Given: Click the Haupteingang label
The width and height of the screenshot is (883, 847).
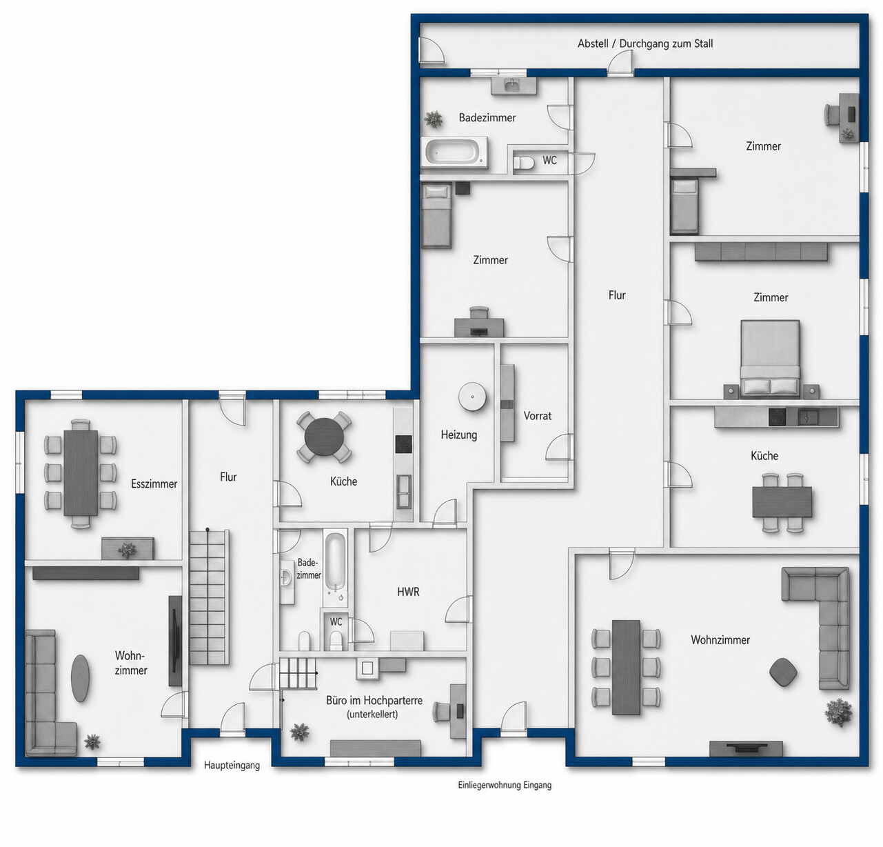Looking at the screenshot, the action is click(x=232, y=766).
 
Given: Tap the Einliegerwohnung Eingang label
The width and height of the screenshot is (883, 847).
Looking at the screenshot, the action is click(x=505, y=785).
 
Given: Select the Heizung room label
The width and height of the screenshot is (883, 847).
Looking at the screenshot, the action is click(x=459, y=435).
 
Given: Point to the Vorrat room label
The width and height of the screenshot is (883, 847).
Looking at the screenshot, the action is click(x=537, y=415).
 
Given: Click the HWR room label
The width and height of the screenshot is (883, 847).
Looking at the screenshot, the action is click(x=408, y=592).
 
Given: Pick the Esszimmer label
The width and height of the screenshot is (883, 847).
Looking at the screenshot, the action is click(x=154, y=484).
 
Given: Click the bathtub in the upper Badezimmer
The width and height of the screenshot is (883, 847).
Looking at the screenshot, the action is click(x=455, y=152).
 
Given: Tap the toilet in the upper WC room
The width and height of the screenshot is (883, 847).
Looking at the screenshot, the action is click(x=524, y=163).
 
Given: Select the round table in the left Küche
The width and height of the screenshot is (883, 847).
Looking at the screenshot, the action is click(x=324, y=437).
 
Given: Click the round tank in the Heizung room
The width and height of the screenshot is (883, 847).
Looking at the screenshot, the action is click(x=472, y=397).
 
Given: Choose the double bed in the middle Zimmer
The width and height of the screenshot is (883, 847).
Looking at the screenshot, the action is click(x=771, y=359).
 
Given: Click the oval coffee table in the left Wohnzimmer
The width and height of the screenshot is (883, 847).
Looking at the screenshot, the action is click(x=81, y=679).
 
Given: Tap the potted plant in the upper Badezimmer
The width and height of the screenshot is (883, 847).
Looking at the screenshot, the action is click(x=434, y=119).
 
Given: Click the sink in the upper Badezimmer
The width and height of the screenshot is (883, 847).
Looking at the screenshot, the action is click(x=514, y=86).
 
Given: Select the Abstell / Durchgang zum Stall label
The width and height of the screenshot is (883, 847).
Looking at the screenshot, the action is click(x=645, y=43).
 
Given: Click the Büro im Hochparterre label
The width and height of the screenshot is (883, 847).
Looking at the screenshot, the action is click(x=374, y=700).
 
